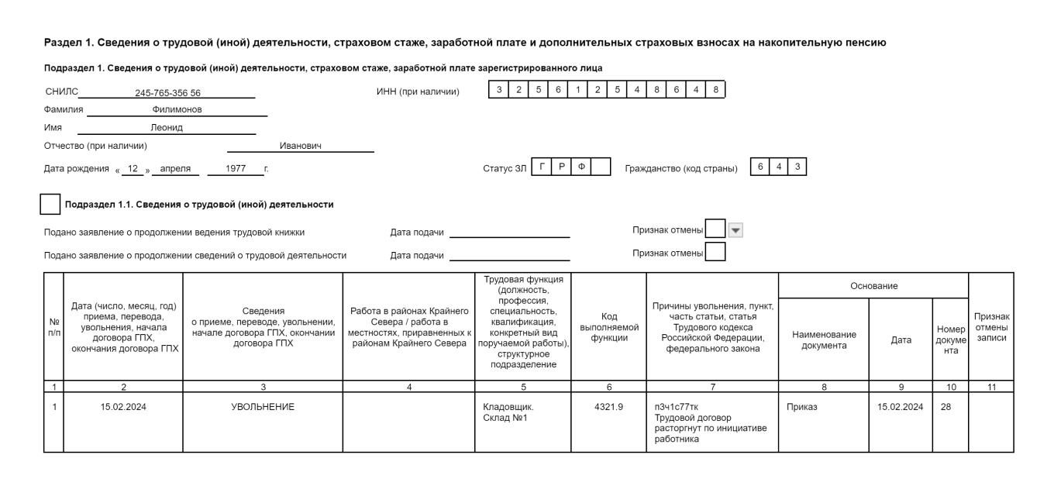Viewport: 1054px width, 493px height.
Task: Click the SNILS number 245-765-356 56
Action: click(167, 93)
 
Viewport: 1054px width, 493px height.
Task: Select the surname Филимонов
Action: click(177, 110)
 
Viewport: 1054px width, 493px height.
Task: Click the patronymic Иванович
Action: click(300, 145)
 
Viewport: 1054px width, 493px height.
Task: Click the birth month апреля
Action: click(175, 167)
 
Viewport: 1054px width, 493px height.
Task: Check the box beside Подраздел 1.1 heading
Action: click(50, 205)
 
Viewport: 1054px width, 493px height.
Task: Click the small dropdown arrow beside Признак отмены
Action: click(736, 229)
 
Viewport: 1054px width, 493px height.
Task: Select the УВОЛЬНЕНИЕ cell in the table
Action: click(263, 408)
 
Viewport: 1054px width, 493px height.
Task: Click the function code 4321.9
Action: click(608, 408)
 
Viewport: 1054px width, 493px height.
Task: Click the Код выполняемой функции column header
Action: click(608, 326)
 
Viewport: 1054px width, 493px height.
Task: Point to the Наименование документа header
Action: click(824, 340)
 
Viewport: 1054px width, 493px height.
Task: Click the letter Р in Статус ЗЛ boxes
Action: click(561, 167)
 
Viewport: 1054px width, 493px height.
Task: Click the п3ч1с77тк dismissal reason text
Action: click(677, 408)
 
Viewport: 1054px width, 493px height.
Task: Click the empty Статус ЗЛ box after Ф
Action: click(601, 167)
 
